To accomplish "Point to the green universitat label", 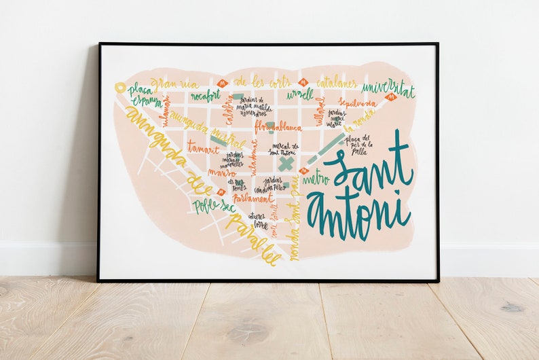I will (388, 89).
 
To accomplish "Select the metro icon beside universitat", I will (390, 98).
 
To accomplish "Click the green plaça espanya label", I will (145, 96).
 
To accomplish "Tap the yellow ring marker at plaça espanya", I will (120, 87).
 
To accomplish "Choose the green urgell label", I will (299, 94).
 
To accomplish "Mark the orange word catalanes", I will (336, 83).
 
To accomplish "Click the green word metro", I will (316, 180).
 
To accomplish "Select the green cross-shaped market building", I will (286, 164).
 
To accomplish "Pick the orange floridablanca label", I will (278, 127).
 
